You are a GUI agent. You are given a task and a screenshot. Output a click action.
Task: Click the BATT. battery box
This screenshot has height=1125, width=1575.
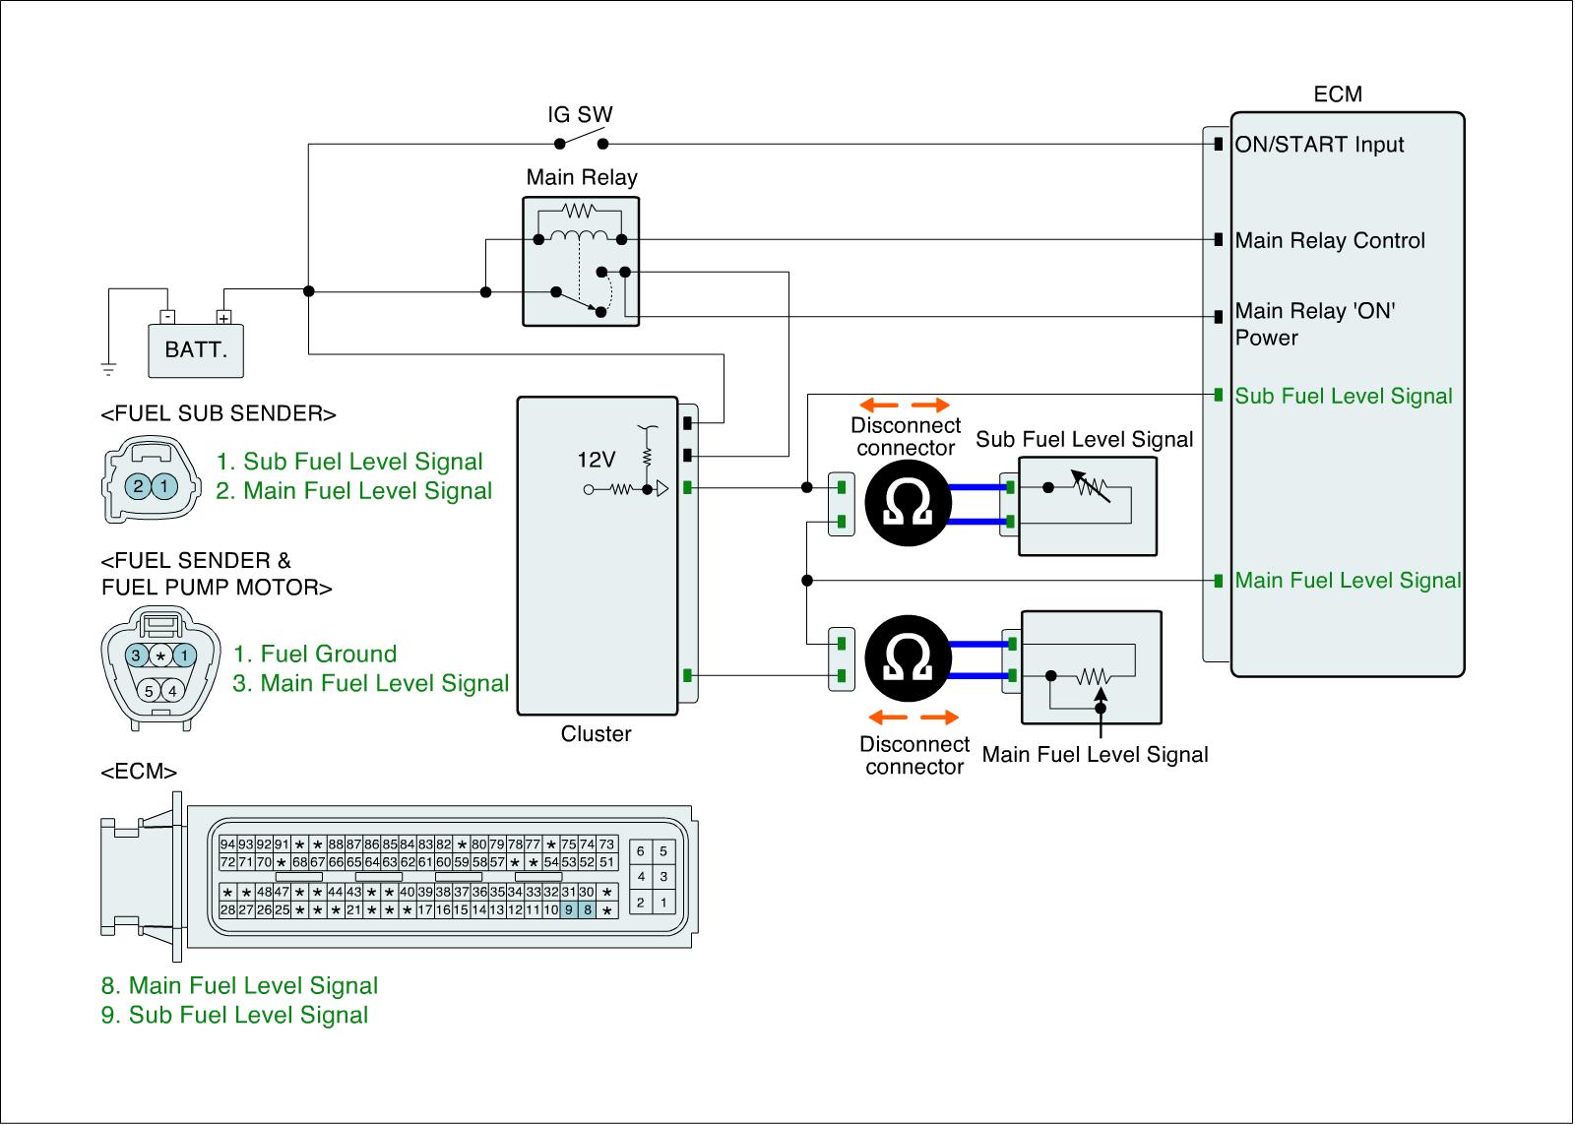click(196, 350)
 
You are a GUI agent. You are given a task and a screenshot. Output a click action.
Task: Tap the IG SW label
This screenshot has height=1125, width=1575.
click(580, 115)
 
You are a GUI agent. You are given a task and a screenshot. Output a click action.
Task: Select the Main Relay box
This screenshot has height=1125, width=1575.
click(581, 261)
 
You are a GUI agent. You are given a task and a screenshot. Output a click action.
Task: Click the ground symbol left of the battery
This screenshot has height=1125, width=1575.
click(108, 368)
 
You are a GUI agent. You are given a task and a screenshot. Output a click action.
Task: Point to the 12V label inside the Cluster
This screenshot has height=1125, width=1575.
click(596, 460)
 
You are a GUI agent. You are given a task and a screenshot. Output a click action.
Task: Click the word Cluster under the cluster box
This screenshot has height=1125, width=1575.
click(596, 734)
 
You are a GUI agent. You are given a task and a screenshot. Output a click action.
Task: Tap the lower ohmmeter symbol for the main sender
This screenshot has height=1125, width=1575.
click(908, 660)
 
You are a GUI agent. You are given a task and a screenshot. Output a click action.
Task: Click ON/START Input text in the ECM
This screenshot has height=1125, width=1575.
click(1319, 145)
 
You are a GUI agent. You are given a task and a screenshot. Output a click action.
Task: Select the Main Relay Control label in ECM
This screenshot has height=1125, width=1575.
click(1330, 241)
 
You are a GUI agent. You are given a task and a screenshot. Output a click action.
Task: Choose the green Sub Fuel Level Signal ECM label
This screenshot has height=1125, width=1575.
click(1344, 397)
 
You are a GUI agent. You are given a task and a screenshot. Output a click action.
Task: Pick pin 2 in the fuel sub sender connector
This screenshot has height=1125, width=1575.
click(139, 485)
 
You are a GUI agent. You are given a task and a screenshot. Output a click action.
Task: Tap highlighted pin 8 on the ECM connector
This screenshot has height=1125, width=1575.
click(588, 910)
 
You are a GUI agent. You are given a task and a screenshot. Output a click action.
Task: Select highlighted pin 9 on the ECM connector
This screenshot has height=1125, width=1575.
click(569, 910)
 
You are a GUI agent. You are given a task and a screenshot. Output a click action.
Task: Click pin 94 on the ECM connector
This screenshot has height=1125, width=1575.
click(227, 844)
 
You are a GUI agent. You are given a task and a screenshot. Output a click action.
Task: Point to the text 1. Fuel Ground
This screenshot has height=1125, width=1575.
click(315, 655)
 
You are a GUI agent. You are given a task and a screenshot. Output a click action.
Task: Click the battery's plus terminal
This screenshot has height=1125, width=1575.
click(223, 318)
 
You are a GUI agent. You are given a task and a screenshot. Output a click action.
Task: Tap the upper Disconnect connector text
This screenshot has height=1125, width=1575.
click(905, 437)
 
